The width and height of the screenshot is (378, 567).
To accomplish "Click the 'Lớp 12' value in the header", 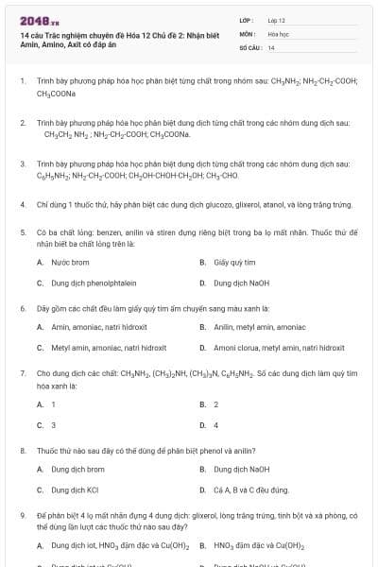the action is click(x=277, y=20).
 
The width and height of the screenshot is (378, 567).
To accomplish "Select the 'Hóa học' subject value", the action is click(x=278, y=33).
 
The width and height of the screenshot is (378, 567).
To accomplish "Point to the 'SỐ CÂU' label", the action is click(x=249, y=46).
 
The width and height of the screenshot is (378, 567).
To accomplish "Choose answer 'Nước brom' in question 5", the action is click(x=70, y=262).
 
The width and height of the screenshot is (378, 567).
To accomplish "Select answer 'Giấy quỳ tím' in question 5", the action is click(x=235, y=262).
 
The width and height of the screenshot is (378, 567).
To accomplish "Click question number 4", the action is click(x=22, y=204).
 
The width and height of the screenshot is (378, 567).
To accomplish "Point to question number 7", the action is click(x=22, y=373).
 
